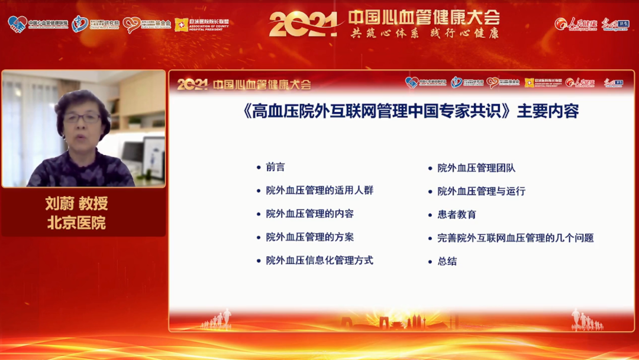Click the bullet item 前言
click(275, 168)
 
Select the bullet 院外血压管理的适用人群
click(319, 191)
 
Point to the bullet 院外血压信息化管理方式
click(319, 261)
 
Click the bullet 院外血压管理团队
click(476, 168)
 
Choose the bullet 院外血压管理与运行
click(481, 191)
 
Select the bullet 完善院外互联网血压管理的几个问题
click(515, 238)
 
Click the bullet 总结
click(447, 261)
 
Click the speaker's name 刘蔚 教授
click(77, 204)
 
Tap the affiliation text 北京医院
click(77, 223)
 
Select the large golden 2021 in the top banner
click(303, 24)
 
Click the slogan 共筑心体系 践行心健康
click(424, 33)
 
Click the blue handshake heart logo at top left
click(17, 24)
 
